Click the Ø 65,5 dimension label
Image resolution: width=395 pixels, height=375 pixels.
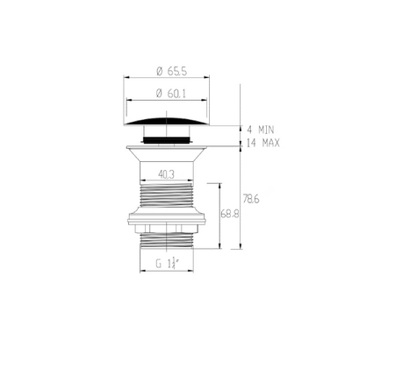[x=171, y=71]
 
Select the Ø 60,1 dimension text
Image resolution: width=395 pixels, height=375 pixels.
[x=171, y=94]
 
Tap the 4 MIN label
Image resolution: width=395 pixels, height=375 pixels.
[x=261, y=130]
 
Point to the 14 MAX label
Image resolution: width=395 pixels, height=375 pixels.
[x=263, y=143]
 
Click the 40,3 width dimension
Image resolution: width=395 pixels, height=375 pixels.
[x=166, y=174]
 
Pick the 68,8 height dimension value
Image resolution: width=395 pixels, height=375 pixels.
[x=230, y=214]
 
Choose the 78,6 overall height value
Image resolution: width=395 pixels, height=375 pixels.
[x=251, y=199]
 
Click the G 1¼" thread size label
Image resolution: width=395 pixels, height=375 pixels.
[x=167, y=263]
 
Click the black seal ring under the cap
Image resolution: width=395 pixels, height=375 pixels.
[x=167, y=140]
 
